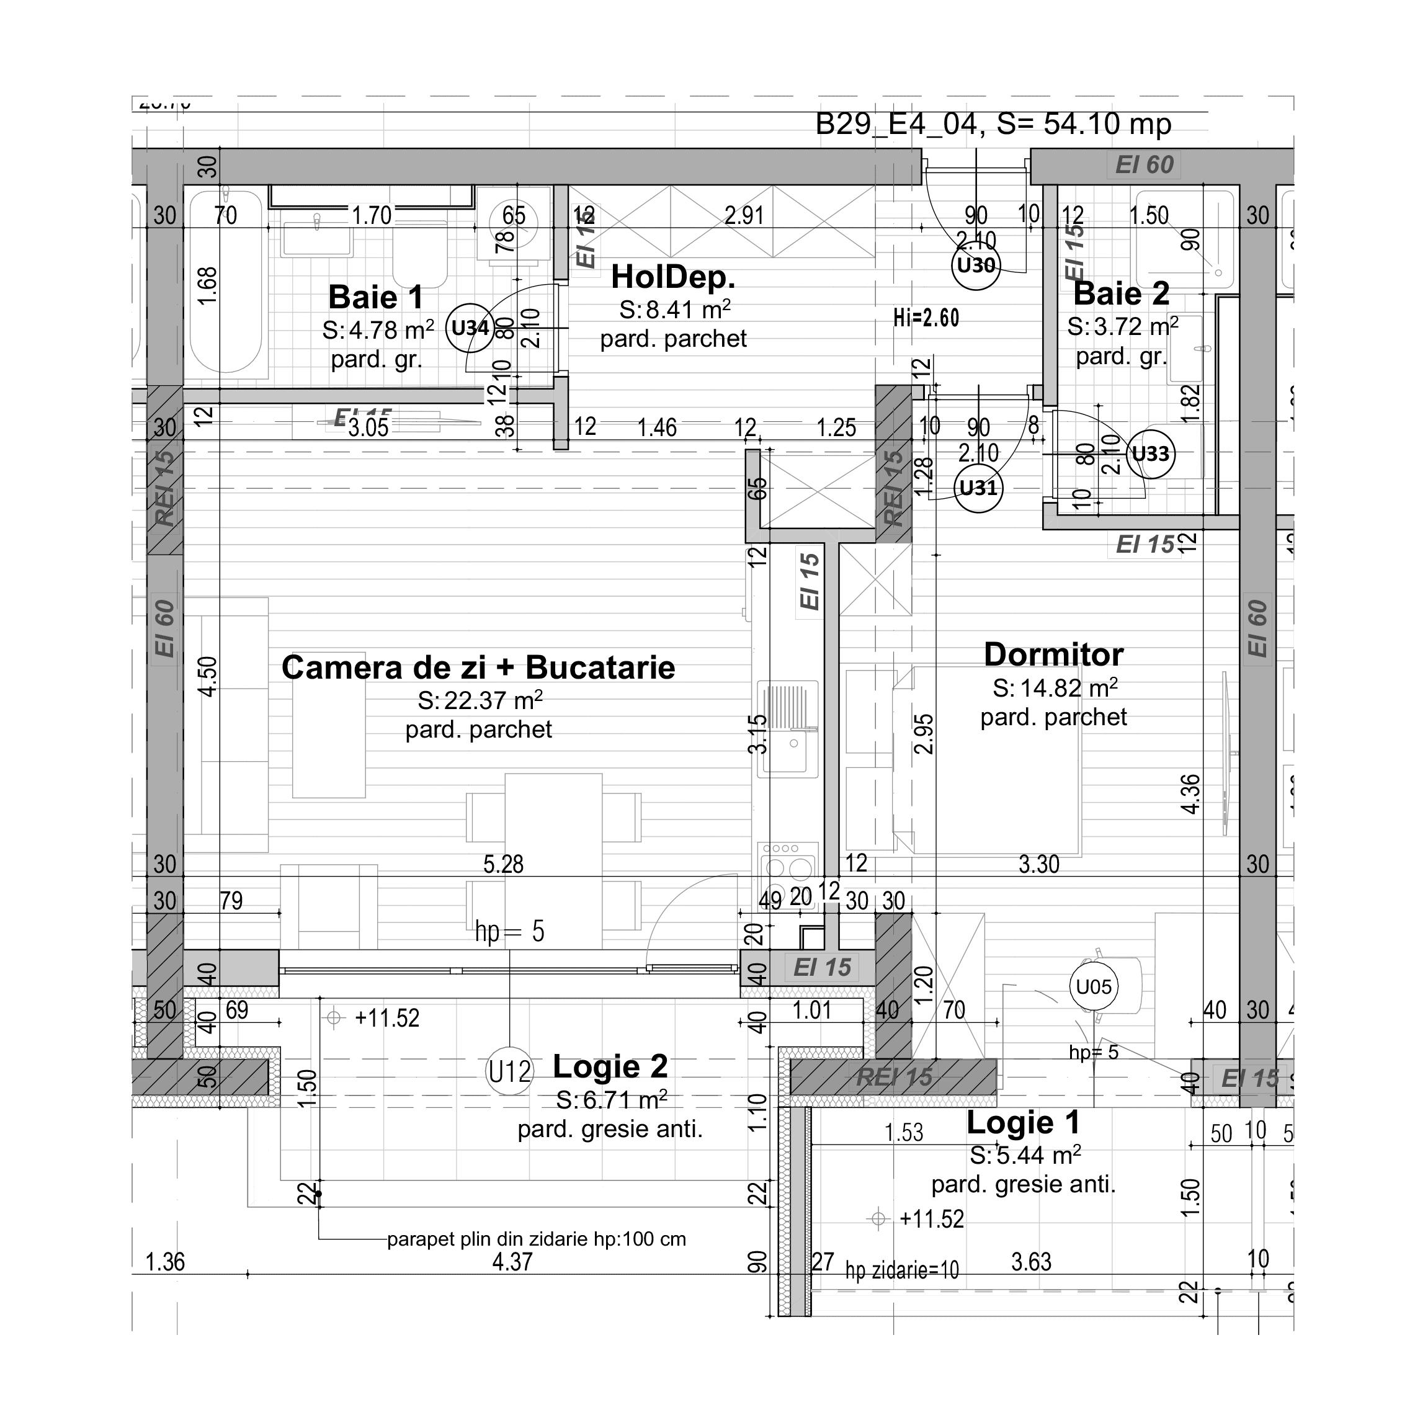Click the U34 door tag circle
click(x=470, y=328)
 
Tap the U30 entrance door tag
click(x=976, y=265)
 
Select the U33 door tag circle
click(x=1151, y=454)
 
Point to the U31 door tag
click(x=978, y=488)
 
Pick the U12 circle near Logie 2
click(x=510, y=1072)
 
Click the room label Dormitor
click(x=1053, y=654)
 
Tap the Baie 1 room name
click(x=376, y=297)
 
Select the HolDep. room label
click(x=673, y=277)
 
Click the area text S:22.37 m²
click(x=480, y=701)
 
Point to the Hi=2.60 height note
click(x=926, y=318)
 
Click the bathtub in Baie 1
click(x=226, y=282)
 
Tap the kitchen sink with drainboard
click(x=787, y=729)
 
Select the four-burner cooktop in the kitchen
click(x=787, y=862)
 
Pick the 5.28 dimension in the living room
click(x=503, y=864)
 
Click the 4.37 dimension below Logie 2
click(x=512, y=1262)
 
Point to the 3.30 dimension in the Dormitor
click(x=1038, y=864)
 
